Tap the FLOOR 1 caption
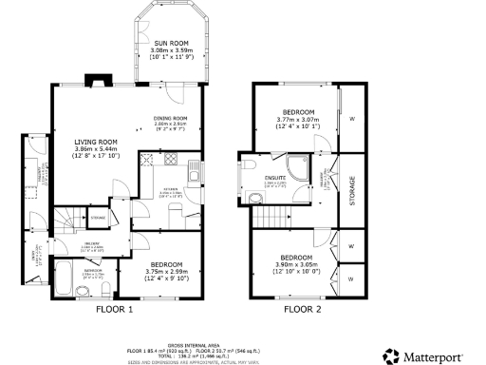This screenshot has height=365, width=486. pyautogui.click(x=115, y=310)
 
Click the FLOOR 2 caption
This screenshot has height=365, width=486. pyautogui.click(x=304, y=310)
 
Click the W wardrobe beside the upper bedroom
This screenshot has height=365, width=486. pyautogui.click(x=351, y=119)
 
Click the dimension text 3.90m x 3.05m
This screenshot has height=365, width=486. pyautogui.click(x=294, y=263)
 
